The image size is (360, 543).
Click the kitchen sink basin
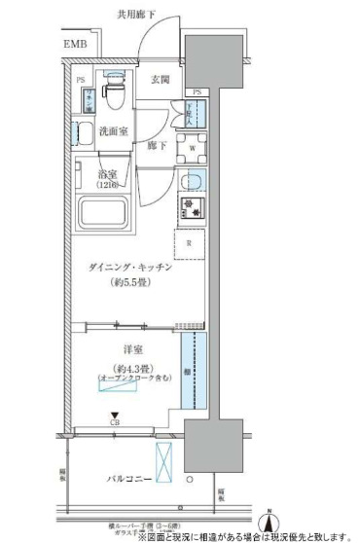coord(192,182)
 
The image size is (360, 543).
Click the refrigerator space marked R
coord(190,242)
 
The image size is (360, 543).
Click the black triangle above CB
coord(114,414)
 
